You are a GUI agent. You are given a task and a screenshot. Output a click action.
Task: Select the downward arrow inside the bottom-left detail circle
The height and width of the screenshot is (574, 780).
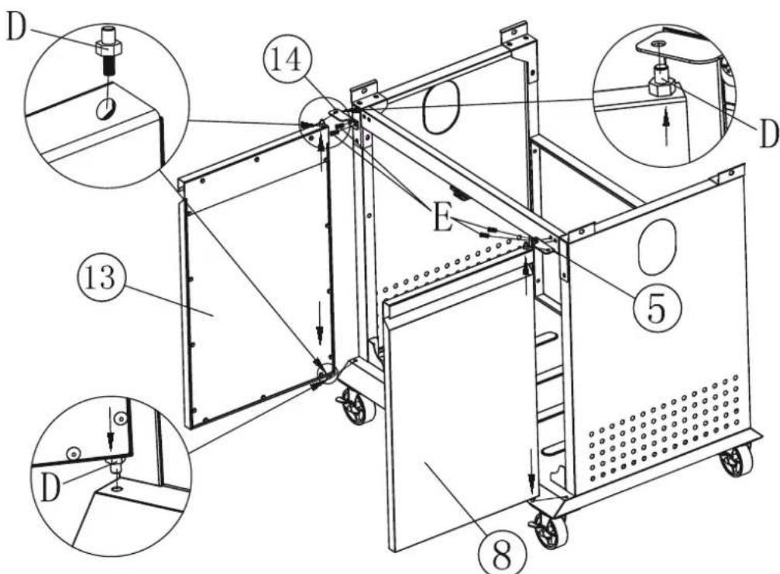point(111,437)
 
